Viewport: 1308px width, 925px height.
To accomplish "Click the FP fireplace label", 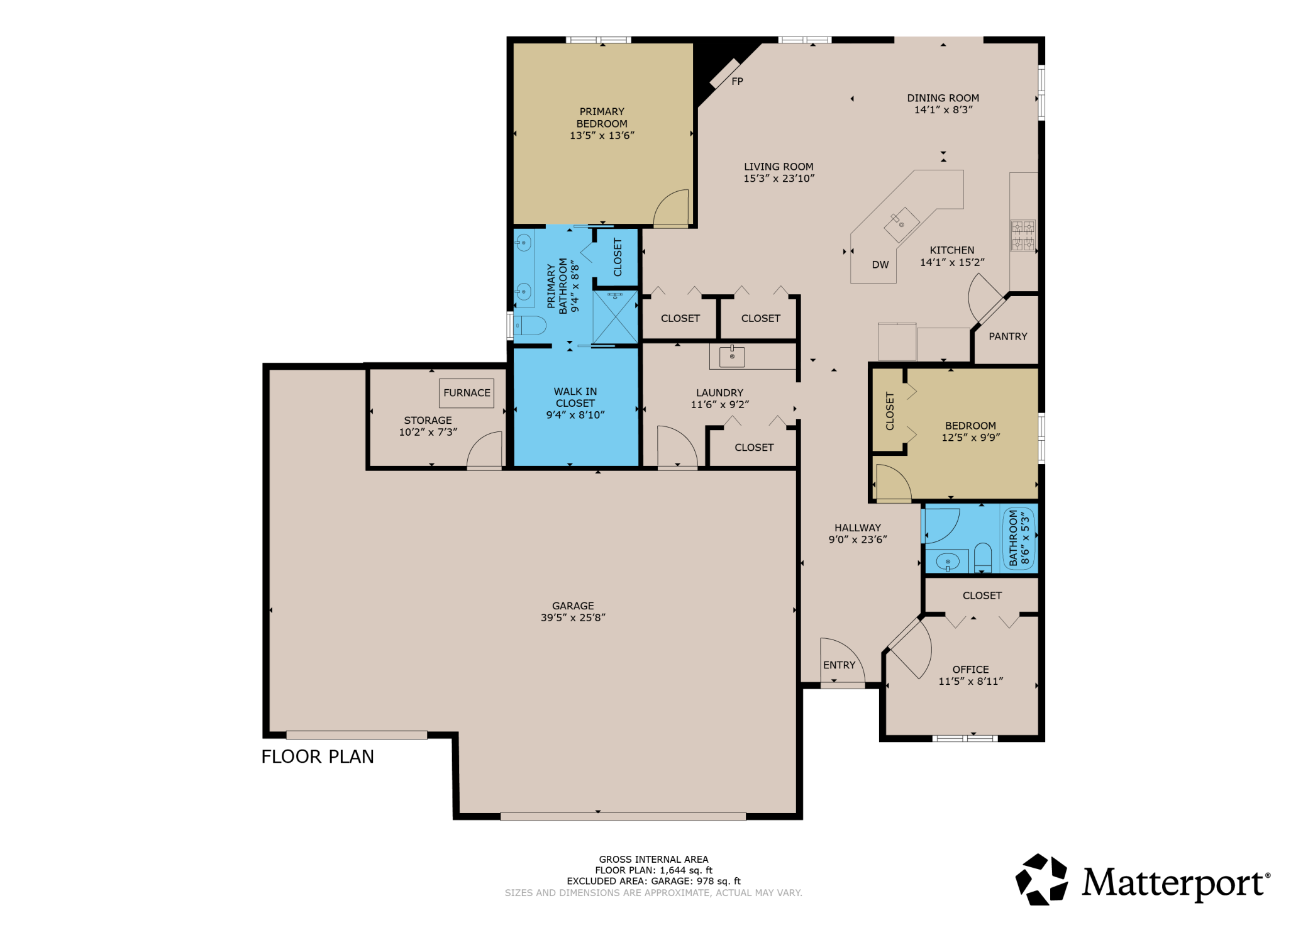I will tap(737, 81).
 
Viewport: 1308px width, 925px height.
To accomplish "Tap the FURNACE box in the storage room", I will tap(467, 393).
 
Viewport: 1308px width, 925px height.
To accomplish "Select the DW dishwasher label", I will tap(880, 265).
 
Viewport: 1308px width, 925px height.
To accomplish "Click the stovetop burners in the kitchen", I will tap(1023, 236).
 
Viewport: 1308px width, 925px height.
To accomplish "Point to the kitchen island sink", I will tap(901, 224).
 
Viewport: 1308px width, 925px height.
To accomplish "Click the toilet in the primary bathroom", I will tap(530, 325).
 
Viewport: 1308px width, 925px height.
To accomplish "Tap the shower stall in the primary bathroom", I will tap(615, 317).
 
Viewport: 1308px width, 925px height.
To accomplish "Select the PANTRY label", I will tap(1007, 336).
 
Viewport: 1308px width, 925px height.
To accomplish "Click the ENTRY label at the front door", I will tap(839, 665).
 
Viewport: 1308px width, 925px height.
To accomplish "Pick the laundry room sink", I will tap(732, 357).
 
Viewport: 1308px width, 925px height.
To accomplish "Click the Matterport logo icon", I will tap(1041, 880).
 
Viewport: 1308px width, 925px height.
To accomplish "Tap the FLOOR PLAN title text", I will tap(318, 756).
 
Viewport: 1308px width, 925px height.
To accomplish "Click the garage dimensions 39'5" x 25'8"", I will tap(573, 618).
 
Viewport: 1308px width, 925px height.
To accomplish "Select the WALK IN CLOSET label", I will tap(575, 397).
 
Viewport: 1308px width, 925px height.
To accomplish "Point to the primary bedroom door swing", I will tap(672, 209).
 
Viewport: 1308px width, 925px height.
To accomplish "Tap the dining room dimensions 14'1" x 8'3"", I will tap(943, 110).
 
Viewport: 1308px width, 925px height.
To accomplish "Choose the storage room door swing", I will tap(485, 450).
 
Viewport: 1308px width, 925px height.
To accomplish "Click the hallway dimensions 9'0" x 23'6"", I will tap(857, 540).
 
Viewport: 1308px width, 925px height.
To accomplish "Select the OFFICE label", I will tap(970, 670).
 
